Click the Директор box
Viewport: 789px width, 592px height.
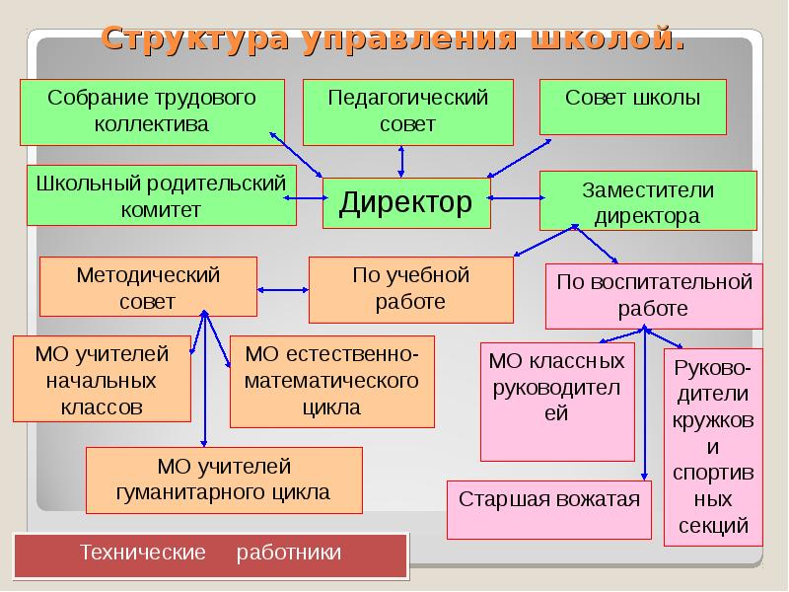(x=406, y=204)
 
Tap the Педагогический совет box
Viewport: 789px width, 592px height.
(x=407, y=111)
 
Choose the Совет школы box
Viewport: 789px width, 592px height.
(x=633, y=106)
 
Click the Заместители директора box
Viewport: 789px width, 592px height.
(x=647, y=201)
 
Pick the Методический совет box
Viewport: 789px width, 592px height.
(x=148, y=287)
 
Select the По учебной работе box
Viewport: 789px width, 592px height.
(x=410, y=289)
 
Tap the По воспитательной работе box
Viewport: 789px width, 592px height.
(x=654, y=295)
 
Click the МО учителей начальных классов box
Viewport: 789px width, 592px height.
(x=102, y=379)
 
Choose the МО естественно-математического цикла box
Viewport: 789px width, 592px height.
(x=331, y=381)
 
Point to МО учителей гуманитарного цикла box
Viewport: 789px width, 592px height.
(x=224, y=479)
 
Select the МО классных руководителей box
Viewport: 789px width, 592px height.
(x=557, y=401)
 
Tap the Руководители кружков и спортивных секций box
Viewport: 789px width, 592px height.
(x=714, y=445)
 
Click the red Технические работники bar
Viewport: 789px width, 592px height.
(x=210, y=554)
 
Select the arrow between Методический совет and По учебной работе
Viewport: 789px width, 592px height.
(x=283, y=290)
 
